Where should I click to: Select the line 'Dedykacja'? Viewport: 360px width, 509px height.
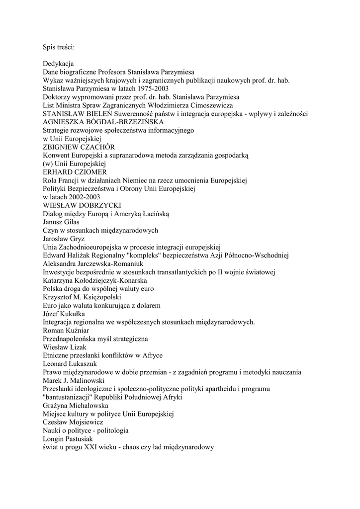58,64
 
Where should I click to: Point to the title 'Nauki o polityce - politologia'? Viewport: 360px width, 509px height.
86,430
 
